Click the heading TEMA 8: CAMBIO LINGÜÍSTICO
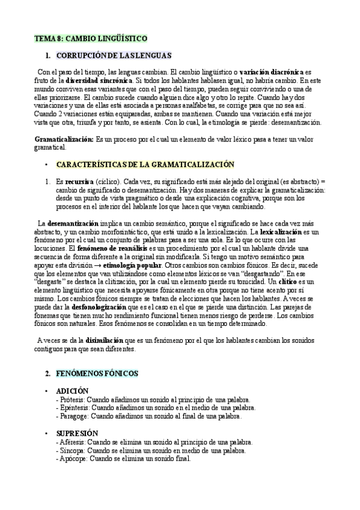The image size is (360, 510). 90,38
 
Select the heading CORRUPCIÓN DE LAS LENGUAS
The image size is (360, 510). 114,56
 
